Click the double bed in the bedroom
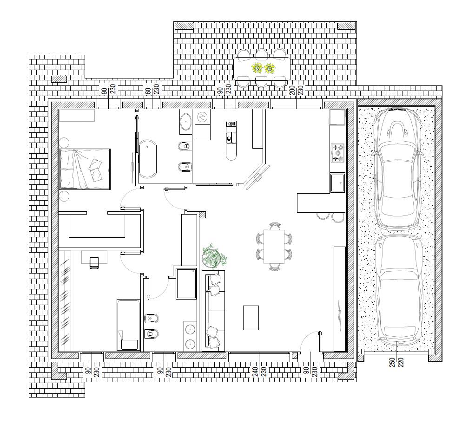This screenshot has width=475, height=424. click(85, 169)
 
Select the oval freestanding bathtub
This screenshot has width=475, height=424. click(147, 158)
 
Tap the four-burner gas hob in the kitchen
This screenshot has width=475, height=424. click(338, 152)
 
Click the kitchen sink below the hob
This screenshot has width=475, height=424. click(337, 183)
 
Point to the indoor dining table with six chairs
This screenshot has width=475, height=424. click(274, 247)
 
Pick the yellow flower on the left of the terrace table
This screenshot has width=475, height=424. click(257, 68)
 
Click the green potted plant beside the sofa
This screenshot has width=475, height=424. click(214, 256)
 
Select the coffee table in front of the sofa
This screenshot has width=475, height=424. click(251, 318)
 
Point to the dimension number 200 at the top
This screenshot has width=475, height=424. click(292, 90)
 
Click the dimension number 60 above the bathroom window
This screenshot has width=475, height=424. click(148, 91)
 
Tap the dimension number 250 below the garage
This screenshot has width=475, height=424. click(392, 362)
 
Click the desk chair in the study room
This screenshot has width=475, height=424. click(95, 262)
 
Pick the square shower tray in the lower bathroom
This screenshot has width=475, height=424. click(186, 284)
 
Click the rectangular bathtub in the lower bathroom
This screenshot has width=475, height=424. click(128, 325)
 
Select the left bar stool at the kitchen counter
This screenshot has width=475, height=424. click(323, 216)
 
